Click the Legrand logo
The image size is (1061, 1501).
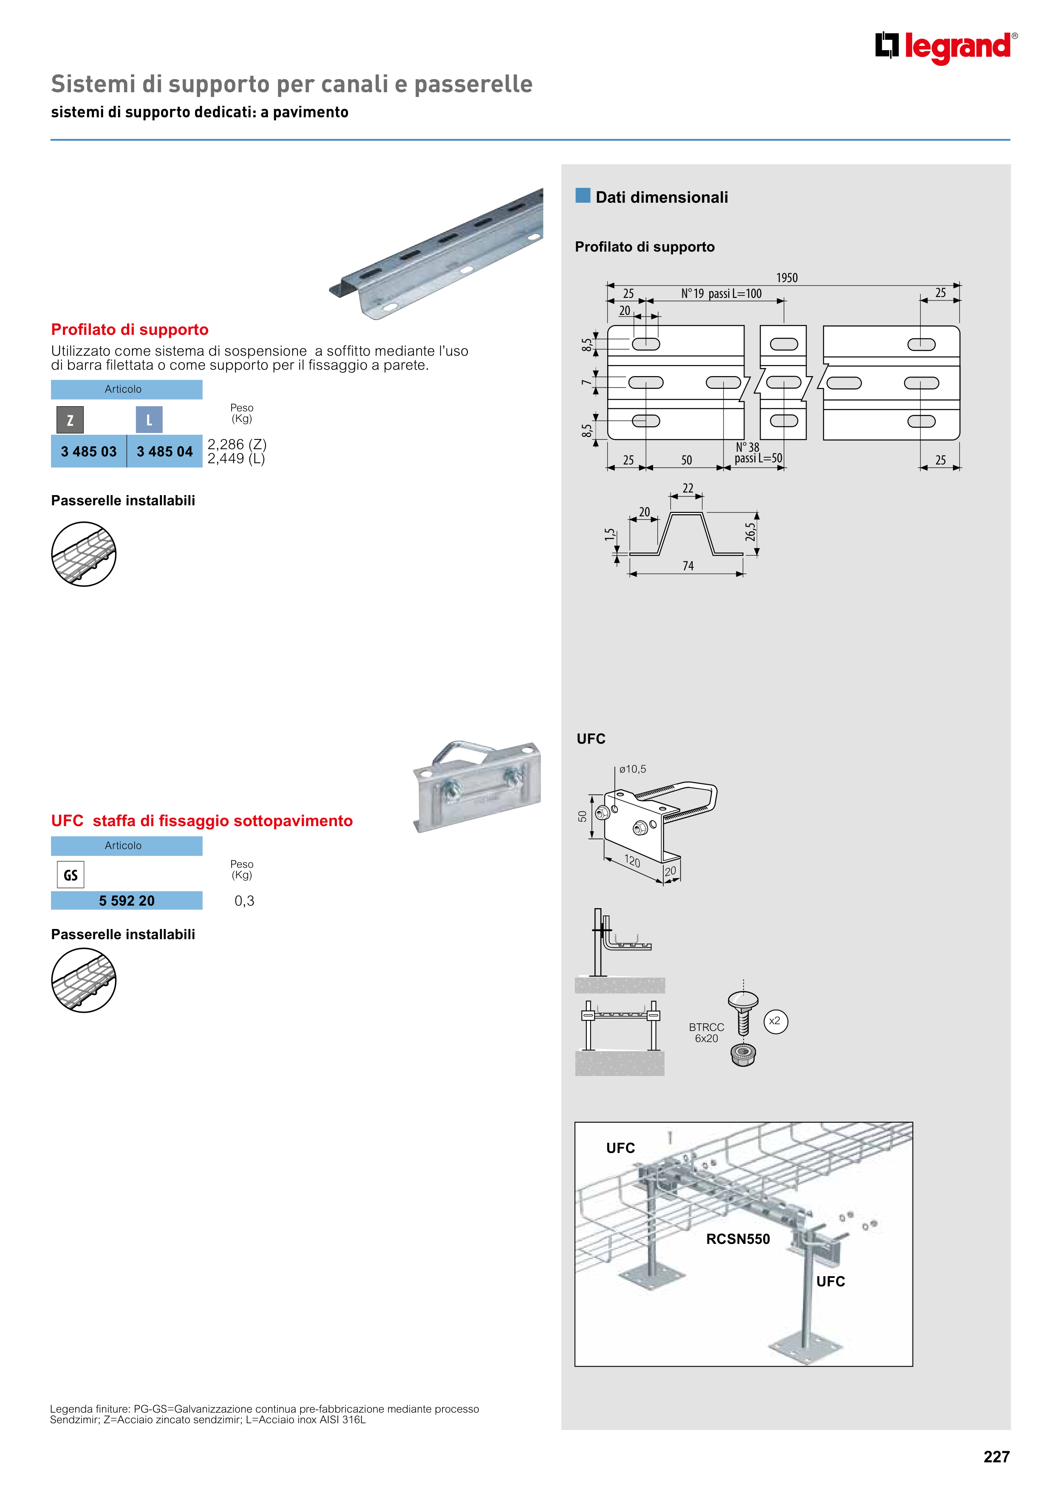point(946,47)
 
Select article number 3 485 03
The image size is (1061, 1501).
point(89,452)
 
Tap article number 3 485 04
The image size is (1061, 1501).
point(165,452)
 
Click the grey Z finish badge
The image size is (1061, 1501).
point(70,420)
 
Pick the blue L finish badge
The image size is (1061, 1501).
point(149,420)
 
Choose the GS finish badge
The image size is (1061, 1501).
point(71,875)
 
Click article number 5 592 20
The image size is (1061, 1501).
point(127,901)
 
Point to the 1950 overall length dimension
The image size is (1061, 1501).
point(787,278)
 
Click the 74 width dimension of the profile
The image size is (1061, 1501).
point(688,566)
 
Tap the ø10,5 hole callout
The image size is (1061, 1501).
point(632,770)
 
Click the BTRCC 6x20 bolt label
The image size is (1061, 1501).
point(706,1033)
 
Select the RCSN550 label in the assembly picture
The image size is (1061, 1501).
point(738,1239)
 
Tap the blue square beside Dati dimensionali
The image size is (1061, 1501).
point(583,195)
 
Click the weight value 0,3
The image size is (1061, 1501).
point(244,901)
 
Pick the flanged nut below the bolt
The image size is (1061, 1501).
point(743,1054)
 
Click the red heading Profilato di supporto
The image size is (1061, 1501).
point(130,329)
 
